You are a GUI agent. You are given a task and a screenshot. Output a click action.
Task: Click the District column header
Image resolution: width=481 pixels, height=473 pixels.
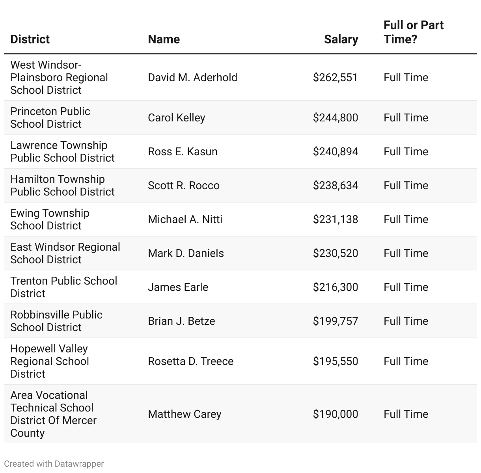(30, 39)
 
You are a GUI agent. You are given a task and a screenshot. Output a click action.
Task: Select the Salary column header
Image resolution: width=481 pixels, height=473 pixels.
(341, 39)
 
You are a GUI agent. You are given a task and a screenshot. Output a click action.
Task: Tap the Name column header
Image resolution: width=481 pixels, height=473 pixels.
(164, 39)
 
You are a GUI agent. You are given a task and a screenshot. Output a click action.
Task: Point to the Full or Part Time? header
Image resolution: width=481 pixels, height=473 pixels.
(413, 32)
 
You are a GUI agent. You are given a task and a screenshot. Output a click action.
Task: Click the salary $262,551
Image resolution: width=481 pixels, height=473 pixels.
(335, 77)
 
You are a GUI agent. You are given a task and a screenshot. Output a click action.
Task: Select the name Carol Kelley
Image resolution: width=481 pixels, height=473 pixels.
(176, 117)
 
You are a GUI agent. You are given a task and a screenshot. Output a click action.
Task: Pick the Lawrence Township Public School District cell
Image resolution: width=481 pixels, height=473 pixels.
(62, 151)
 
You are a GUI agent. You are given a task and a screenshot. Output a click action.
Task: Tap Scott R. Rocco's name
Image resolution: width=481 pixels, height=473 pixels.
(183, 185)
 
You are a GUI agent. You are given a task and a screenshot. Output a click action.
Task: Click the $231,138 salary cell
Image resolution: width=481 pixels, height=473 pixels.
(335, 219)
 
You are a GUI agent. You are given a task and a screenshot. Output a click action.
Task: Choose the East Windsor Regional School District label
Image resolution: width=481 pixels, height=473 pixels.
(65, 253)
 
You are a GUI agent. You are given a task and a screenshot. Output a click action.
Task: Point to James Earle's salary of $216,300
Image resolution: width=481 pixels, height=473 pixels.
(335, 287)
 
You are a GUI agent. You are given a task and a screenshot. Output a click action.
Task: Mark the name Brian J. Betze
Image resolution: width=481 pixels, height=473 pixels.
(181, 321)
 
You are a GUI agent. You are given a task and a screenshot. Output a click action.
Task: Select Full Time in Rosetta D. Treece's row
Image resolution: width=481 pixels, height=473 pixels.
(406, 361)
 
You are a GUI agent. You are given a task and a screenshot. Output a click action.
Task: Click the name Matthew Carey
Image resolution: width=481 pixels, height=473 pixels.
(185, 414)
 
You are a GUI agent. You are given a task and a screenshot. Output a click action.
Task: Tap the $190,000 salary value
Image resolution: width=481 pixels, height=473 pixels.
(335, 414)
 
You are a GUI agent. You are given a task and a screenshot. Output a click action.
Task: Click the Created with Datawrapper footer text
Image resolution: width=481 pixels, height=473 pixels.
(54, 464)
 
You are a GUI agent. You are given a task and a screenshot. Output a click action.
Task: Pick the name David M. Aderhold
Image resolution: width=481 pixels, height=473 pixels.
(192, 77)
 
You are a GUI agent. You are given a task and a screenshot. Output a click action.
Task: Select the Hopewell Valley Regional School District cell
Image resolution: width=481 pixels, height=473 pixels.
(50, 361)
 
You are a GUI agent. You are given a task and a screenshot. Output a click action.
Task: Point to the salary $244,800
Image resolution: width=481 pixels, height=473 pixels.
(335, 117)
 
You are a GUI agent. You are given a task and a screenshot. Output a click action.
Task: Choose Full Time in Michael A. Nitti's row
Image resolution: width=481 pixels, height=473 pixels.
(406, 219)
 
